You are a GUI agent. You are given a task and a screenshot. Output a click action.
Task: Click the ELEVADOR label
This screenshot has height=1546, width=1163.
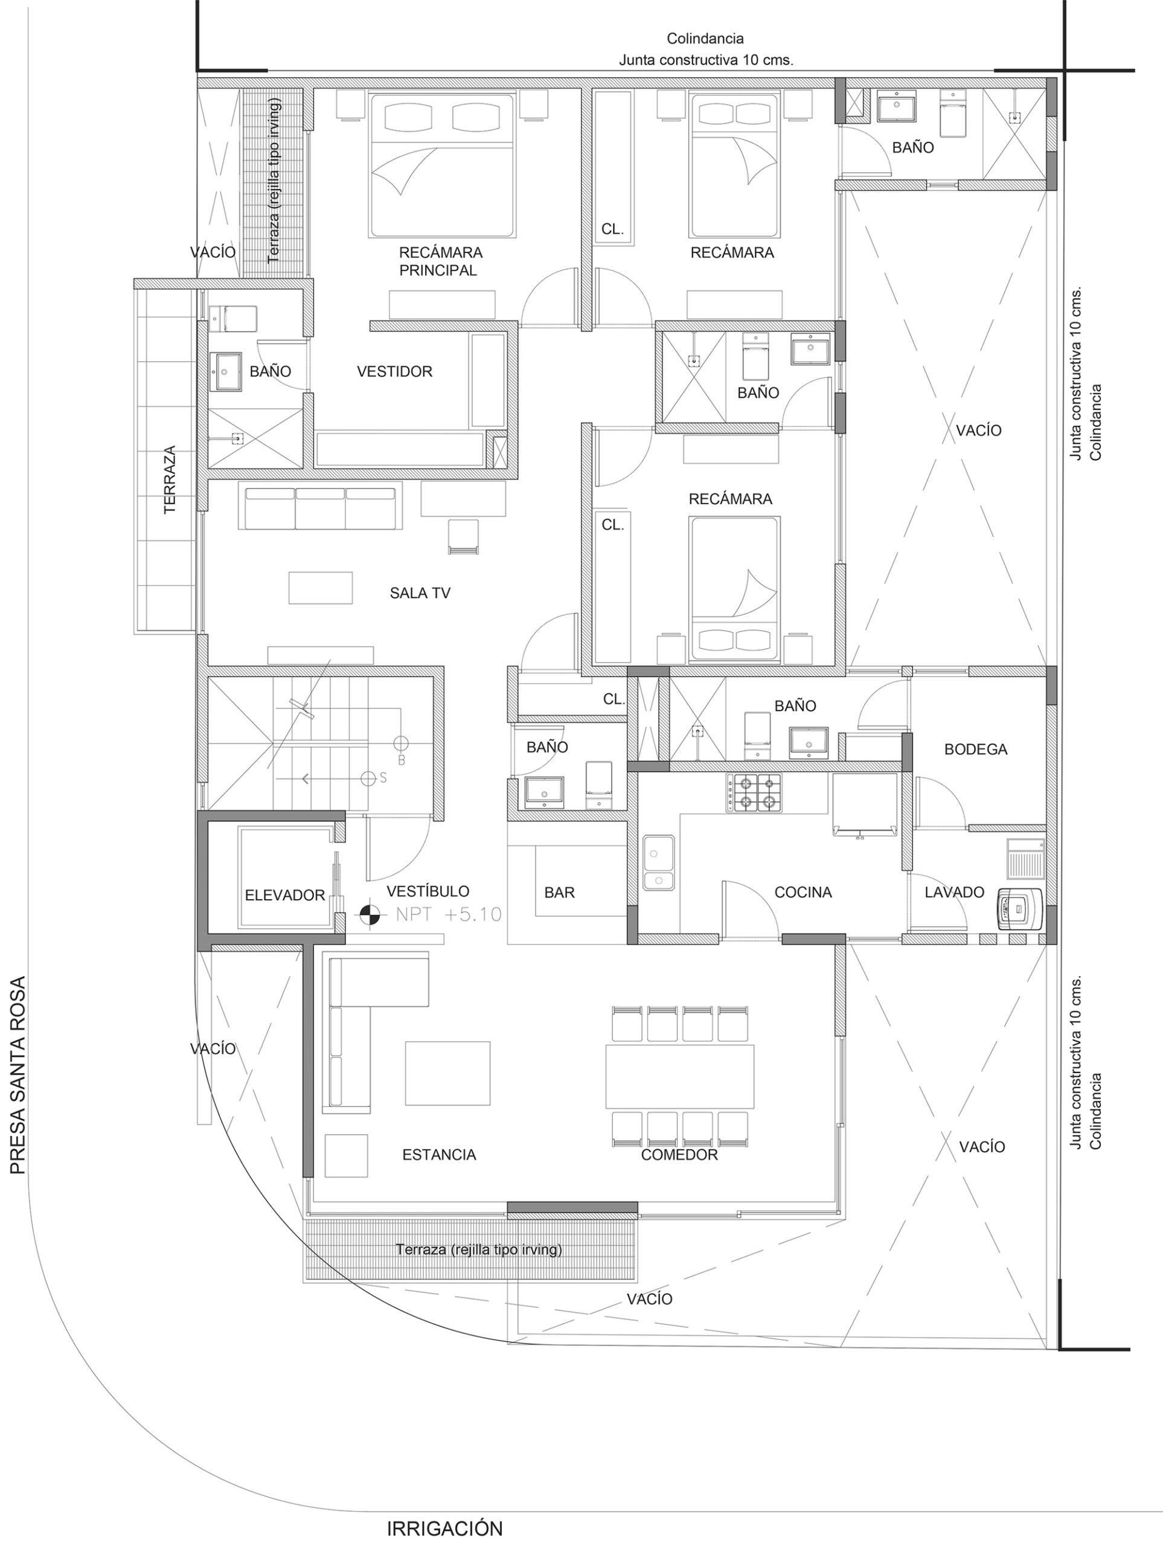click(284, 896)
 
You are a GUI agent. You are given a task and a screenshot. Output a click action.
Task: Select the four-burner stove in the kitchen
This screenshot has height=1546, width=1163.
click(754, 792)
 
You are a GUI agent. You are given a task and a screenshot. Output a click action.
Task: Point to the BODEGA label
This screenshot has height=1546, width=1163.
click(976, 749)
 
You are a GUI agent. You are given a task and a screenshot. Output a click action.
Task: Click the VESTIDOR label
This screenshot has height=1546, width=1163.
click(395, 372)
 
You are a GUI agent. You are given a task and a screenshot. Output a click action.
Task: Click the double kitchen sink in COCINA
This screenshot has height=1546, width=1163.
click(659, 862)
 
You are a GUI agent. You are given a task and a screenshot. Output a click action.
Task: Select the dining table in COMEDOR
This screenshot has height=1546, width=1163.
click(680, 1077)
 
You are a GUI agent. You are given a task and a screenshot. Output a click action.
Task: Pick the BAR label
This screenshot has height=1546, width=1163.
click(559, 893)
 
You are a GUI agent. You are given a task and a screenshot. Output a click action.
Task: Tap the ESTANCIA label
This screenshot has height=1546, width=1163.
click(439, 1155)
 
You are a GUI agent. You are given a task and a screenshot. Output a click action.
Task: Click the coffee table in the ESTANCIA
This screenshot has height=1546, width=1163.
click(447, 1073)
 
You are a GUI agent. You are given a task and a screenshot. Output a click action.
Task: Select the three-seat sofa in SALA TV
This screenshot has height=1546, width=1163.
click(320, 508)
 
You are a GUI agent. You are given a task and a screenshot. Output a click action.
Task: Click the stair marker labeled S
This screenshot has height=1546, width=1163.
click(368, 778)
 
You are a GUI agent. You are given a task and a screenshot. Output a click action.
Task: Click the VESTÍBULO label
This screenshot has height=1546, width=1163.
click(428, 891)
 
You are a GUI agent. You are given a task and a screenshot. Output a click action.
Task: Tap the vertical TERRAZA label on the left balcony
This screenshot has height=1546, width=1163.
click(170, 480)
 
